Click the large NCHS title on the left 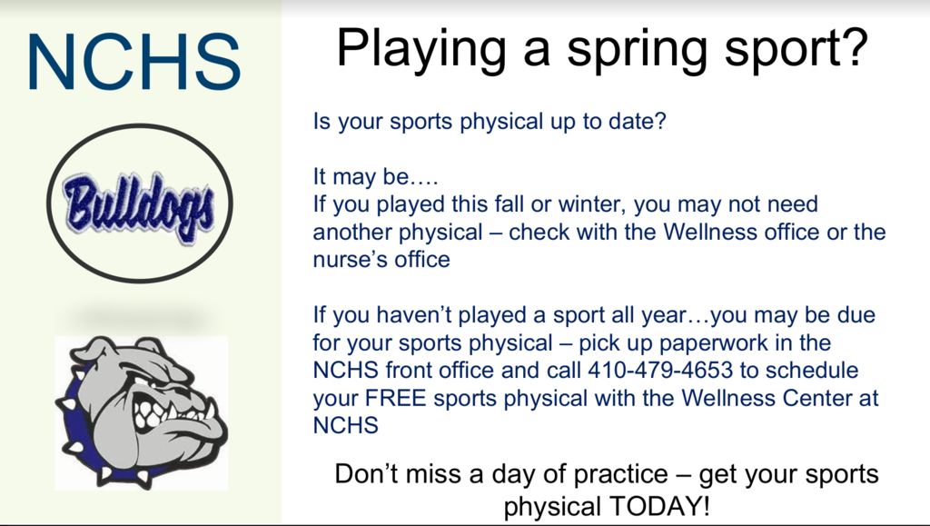[x=134, y=62]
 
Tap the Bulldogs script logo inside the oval [x=139, y=206]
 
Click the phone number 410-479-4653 [x=660, y=371]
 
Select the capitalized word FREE [x=396, y=398]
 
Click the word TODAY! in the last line [x=659, y=507]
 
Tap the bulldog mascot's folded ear [x=94, y=351]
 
